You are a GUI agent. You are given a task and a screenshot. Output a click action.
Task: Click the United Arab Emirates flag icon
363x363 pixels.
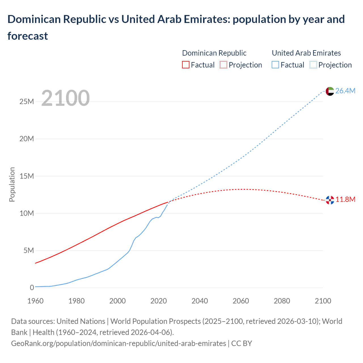(330, 91)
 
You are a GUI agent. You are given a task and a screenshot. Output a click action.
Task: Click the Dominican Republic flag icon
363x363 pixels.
(330, 200)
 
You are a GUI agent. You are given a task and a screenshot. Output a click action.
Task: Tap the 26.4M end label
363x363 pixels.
(345, 91)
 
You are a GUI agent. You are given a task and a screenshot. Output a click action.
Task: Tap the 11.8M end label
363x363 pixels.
(345, 199)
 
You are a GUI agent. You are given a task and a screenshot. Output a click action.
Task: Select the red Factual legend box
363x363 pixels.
(186, 65)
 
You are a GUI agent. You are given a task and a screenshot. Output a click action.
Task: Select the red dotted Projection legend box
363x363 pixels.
(223, 65)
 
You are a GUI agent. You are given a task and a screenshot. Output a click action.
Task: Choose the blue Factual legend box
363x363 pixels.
(275, 65)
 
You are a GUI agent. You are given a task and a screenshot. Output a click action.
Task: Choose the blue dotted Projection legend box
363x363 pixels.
(313, 65)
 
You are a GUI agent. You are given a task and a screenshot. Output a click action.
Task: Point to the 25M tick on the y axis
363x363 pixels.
(27, 102)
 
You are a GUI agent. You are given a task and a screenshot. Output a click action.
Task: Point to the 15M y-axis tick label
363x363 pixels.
(27, 176)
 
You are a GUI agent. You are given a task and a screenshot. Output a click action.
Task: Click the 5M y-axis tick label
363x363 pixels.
(29, 250)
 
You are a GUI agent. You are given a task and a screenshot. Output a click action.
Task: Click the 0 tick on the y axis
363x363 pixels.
(32, 288)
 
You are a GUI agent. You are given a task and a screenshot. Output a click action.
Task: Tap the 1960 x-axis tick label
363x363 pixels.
(35, 301)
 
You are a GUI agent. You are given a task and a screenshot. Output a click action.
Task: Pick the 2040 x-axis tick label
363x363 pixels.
(200, 301)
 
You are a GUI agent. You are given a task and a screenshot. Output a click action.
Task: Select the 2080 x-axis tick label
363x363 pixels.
(282, 301)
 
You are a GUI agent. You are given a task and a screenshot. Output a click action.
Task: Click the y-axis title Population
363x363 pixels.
(12, 184)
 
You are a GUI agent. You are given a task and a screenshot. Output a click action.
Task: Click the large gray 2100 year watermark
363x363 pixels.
(66, 98)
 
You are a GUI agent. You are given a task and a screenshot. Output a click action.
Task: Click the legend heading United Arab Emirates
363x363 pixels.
(306, 53)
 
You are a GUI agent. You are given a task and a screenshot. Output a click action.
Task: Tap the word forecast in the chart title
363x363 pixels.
(28, 36)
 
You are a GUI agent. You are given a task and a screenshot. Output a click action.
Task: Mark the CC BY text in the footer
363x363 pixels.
(242, 343)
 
